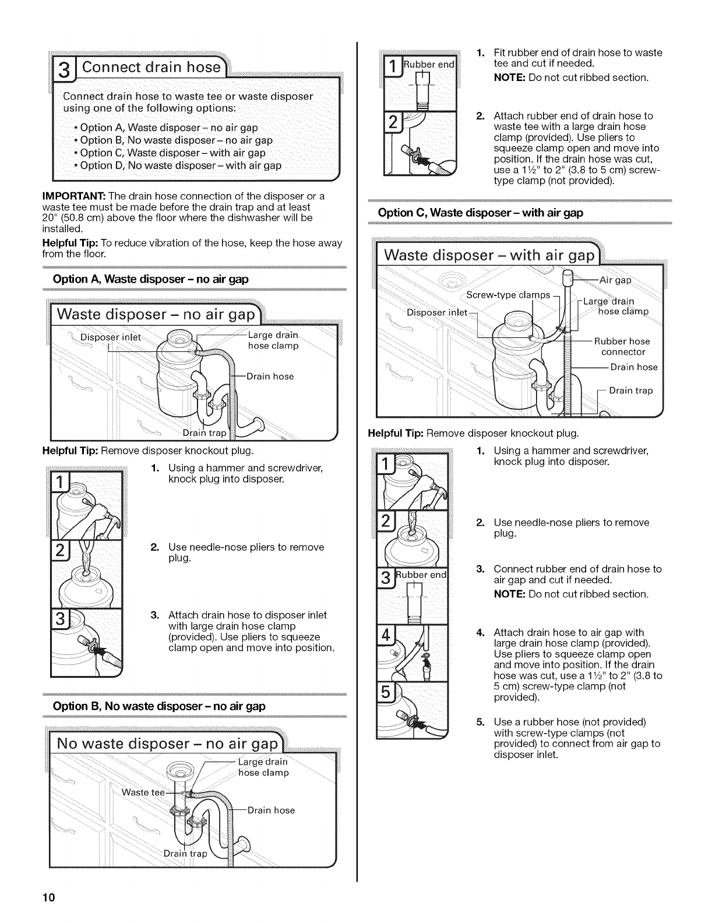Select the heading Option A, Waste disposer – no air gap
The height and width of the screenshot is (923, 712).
tap(151, 279)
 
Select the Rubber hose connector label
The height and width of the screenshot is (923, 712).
tap(622, 347)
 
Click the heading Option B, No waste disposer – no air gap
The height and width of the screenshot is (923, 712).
tap(159, 706)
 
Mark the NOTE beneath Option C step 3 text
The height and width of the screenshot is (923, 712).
tap(509, 594)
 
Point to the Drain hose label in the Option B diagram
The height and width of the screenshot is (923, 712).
tap(271, 810)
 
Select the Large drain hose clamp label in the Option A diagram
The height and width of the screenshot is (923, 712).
tap(273, 340)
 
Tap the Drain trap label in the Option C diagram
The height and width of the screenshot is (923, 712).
tap(630, 390)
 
